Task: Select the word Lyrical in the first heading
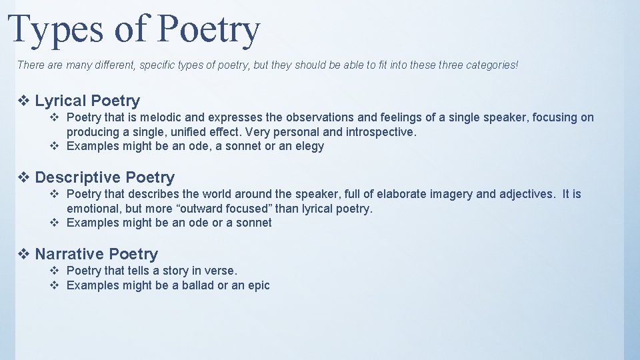pyautogui.click(x=61, y=101)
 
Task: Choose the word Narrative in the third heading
pyautogui.click(x=69, y=254)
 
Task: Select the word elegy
pyautogui.click(x=308, y=147)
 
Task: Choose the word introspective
pyautogui.click(x=378, y=132)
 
